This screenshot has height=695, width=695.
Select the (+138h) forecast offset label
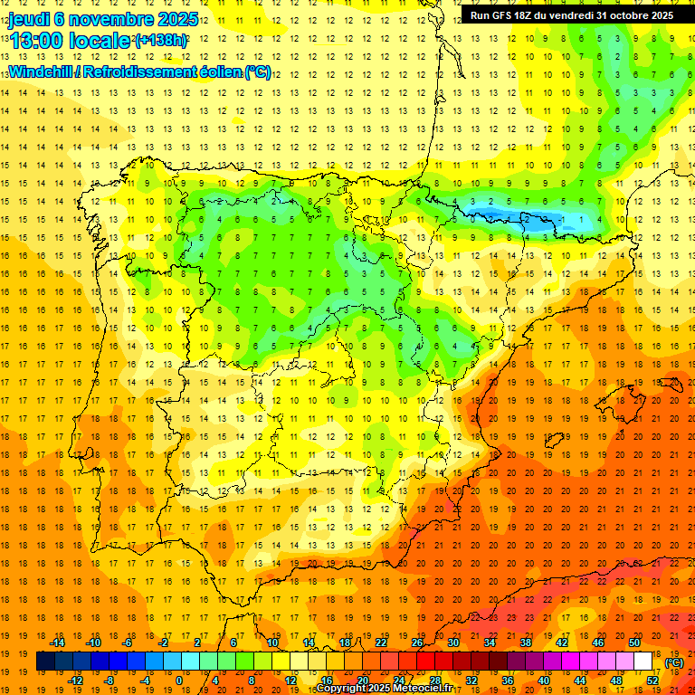tap(161, 41)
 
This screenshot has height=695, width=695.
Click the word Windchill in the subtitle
tap(43, 71)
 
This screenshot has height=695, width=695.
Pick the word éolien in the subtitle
tap(215, 71)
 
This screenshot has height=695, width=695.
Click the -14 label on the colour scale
tap(58, 643)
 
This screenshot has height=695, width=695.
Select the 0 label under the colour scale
tap(178, 681)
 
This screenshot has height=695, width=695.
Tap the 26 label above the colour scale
tap(417, 643)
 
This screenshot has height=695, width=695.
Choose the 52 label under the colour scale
tap(652, 681)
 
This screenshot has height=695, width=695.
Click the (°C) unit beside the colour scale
tap(674, 662)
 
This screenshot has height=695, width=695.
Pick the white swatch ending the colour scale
tap(643, 662)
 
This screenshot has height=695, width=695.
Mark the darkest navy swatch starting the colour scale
tap(45, 662)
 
